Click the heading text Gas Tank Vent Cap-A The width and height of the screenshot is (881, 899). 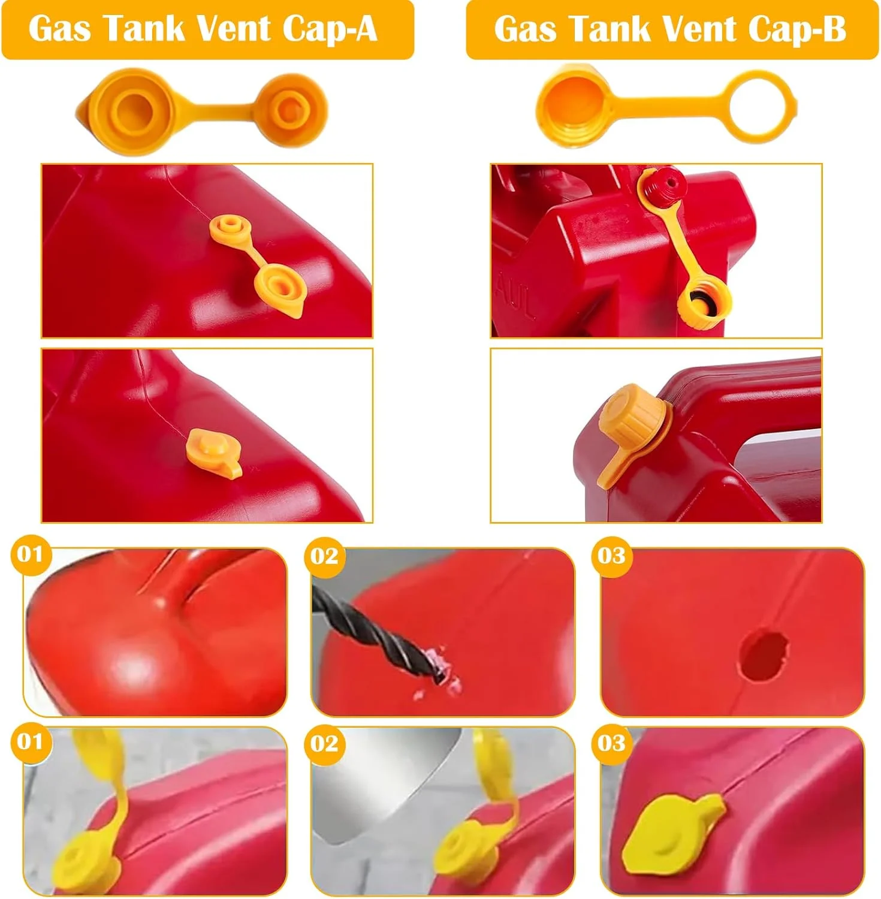tap(203, 28)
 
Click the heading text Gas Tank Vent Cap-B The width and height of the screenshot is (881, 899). tap(669, 28)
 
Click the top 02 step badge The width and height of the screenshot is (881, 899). tap(324, 557)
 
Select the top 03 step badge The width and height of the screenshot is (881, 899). tap(611, 556)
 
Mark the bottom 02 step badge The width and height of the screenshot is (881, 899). tap(324, 744)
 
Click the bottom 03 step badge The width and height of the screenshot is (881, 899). tap(611, 744)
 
